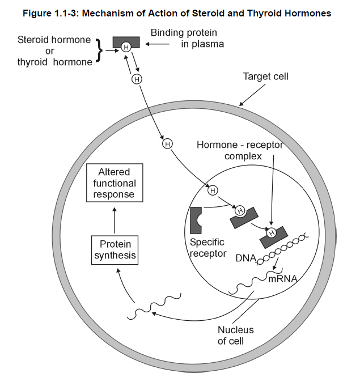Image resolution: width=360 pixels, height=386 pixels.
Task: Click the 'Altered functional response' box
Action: point(115,183)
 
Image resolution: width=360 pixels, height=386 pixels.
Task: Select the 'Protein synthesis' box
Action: point(115,250)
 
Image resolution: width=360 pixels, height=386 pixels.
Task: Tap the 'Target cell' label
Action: point(265,77)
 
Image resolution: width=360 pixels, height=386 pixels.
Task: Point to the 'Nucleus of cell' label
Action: point(235,335)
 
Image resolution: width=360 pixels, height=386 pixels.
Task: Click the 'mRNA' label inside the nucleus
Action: point(282,279)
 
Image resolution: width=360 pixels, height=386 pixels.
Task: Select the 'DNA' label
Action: point(245,258)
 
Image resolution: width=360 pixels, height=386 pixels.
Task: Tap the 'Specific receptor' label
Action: point(207,248)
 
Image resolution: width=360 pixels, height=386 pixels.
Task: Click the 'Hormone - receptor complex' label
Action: point(239,150)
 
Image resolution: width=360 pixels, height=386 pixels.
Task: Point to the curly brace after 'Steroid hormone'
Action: point(100,50)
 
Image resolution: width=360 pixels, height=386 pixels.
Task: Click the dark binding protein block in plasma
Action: point(126,43)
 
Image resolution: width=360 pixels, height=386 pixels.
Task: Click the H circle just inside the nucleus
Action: point(213,190)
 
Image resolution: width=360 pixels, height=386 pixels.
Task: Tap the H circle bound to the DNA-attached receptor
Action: point(272,232)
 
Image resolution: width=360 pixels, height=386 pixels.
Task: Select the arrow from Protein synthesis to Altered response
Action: point(115,219)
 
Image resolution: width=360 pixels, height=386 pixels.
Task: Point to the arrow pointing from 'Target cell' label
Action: point(250,95)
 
